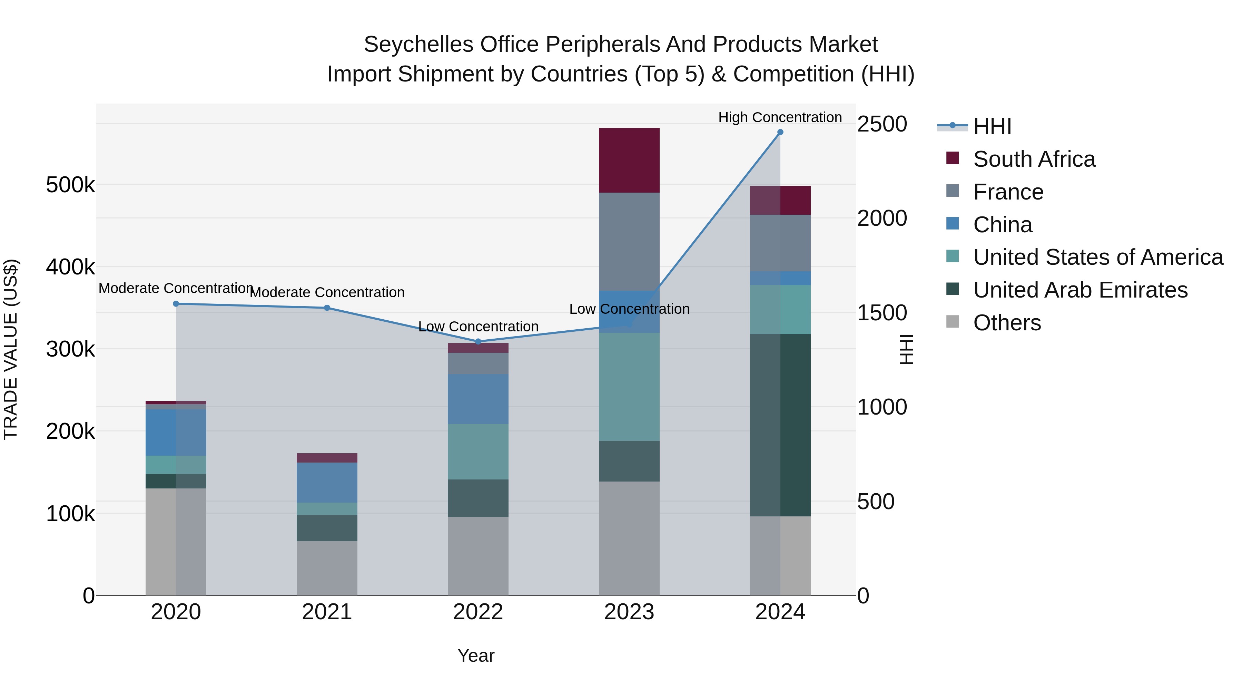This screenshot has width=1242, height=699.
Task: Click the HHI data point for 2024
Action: pos(780,132)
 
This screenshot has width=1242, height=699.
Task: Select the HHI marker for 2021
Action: pos(327,308)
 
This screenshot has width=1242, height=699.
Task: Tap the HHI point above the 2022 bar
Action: pos(478,341)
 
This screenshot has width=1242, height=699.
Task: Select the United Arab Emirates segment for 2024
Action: pos(780,425)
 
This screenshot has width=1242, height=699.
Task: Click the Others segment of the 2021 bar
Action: pos(327,568)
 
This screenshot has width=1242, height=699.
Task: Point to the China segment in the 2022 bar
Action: pos(478,399)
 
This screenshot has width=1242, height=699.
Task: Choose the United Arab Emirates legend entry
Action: pos(1080,290)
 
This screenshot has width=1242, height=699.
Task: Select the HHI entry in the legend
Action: pos(992,126)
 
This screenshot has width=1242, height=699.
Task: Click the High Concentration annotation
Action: pos(780,117)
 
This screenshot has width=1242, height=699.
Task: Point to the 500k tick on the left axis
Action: pos(70,185)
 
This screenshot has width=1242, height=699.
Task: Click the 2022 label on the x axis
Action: pos(478,612)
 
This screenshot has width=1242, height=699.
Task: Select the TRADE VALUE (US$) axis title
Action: pos(11,349)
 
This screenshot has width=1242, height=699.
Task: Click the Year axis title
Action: pos(476,656)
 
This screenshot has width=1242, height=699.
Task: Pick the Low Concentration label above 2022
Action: pos(478,327)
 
